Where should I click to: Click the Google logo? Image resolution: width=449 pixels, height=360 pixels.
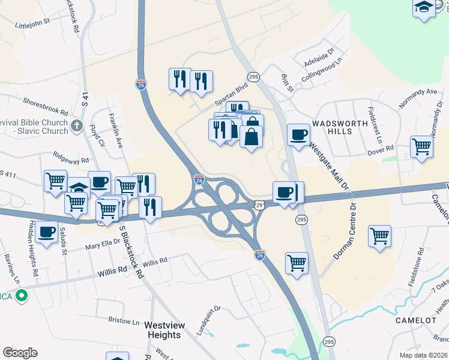point(20,353)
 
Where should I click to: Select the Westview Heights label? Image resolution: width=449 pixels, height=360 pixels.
point(163,330)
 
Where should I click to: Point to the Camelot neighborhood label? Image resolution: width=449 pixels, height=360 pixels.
point(415,320)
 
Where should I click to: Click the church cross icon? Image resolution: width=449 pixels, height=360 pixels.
point(76,126)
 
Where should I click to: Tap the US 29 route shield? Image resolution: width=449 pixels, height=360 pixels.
point(259,205)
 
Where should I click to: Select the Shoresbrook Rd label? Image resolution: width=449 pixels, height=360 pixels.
point(46,104)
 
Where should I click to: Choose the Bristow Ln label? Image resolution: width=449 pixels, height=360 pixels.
point(124,320)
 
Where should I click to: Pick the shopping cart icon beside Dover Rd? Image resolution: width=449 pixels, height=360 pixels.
point(421,145)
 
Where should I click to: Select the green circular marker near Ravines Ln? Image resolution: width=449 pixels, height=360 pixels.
point(22,296)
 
